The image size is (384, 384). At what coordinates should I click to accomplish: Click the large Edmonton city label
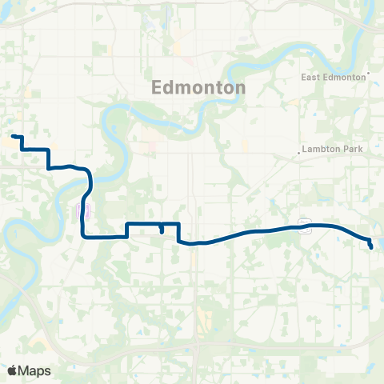pos(198,89)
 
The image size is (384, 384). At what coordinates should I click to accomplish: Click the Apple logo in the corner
pos(12,370)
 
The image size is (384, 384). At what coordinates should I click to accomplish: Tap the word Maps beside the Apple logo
pos(35,370)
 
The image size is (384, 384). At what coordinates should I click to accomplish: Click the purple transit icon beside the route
pos(83,211)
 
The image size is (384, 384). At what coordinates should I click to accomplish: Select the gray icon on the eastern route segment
pos(304,226)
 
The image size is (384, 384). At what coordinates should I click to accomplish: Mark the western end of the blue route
pos(14,138)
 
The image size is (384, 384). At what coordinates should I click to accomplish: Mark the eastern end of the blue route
pos(372,247)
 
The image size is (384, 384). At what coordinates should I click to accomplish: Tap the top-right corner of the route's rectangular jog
pos(179,223)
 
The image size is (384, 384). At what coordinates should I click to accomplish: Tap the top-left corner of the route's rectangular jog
pos(128,223)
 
